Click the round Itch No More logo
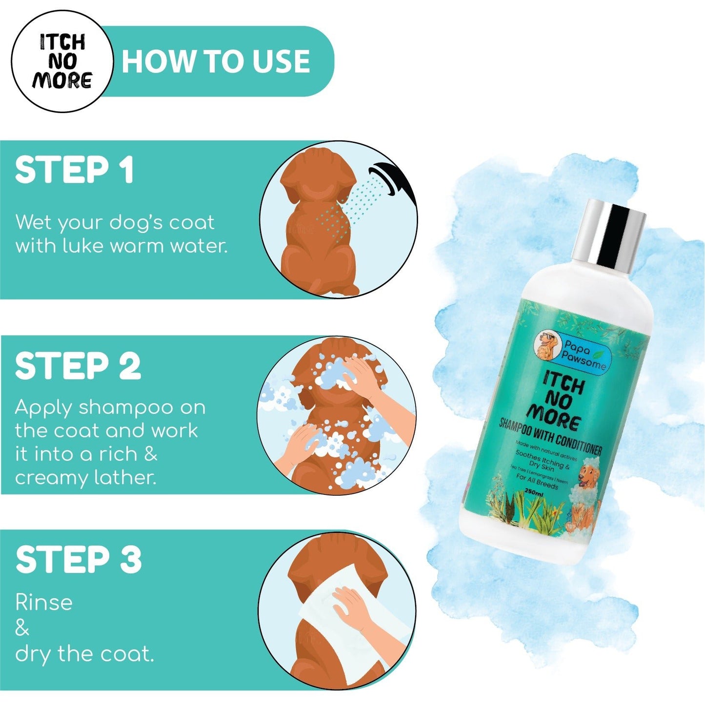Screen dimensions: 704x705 click(62, 62)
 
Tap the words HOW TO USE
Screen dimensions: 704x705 click(215, 62)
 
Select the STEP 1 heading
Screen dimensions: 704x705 click(74, 170)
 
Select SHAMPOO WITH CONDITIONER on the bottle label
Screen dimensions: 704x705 click(550, 437)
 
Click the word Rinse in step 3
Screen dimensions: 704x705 click(44, 603)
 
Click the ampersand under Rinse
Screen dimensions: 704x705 click(22, 628)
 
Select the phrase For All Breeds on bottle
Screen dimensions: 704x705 click(537, 482)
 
